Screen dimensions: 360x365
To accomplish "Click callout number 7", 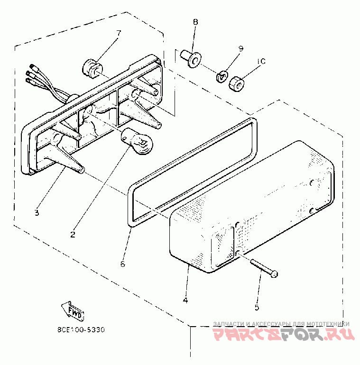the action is coord(119,33).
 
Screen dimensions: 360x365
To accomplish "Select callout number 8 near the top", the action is coord(195,22).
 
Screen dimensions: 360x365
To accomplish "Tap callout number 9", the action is coord(240,48).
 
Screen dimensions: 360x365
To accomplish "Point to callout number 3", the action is coord(37,212).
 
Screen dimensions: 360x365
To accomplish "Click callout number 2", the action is coord(73,234).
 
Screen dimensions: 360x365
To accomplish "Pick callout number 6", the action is coord(122,264).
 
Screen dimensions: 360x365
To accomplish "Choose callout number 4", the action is coord(185,300).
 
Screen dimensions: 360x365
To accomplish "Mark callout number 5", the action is coord(257,307).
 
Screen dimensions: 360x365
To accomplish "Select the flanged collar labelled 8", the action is coord(191,57).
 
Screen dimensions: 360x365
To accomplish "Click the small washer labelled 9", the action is coord(221,76).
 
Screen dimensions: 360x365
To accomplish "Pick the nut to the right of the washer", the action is coord(236,84).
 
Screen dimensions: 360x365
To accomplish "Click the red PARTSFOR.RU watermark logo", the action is coord(283,335).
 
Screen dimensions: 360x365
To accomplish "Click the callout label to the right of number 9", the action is coord(262,62).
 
